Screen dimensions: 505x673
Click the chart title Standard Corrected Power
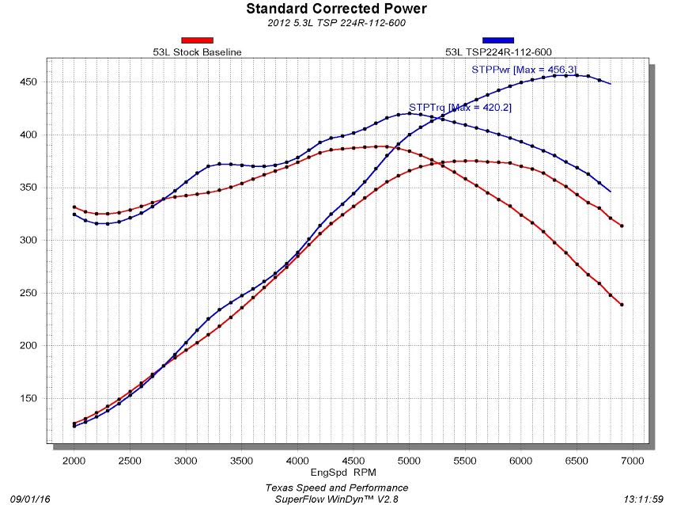[x=336, y=9]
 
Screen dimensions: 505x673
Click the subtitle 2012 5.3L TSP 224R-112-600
[x=336, y=23]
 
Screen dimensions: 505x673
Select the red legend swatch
[x=197, y=40]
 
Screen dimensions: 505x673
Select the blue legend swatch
[x=497, y=40]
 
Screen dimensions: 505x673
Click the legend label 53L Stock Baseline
[x=197, y=52]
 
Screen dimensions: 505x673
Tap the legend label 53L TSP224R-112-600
[x=497, y=52]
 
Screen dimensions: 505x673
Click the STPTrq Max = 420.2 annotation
[x=460, y=108]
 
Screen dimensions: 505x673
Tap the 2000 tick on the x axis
[x=74, y=460]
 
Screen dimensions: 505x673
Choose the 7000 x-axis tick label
[x=632, y=460]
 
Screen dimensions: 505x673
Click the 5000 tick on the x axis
[x=409, y=460]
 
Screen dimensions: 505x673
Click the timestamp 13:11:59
[x=645, y=499]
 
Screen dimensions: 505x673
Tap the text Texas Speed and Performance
[x=336, y=488]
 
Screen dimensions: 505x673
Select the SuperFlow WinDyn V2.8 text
[x=336, y=499]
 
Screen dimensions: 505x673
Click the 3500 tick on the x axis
[x=241, y=460]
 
